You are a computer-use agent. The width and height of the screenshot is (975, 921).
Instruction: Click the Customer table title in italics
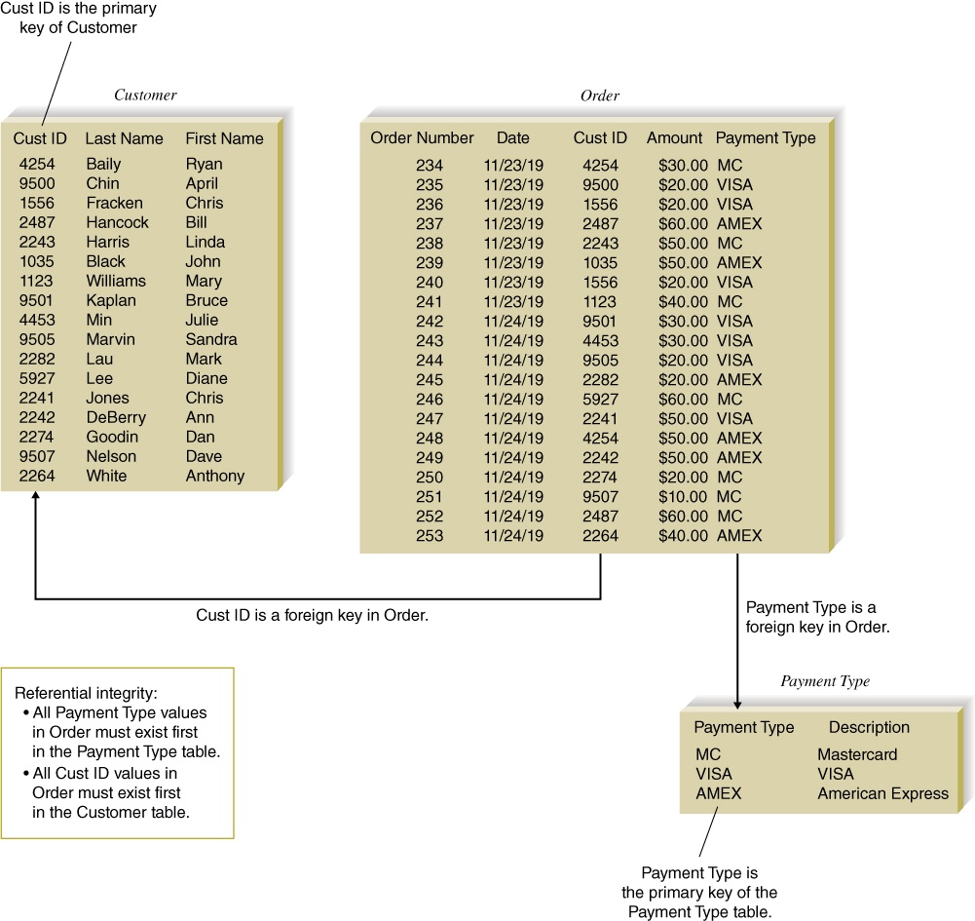click(145, 96)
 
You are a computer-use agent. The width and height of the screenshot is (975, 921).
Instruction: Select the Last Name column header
click(125, 138)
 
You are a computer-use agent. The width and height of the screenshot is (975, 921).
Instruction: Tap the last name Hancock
click(118, 222)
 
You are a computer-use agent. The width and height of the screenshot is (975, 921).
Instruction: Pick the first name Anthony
click(215, 476)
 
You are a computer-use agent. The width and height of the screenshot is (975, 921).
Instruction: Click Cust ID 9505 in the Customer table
click(37, 339)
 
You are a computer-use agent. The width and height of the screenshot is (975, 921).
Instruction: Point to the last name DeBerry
click(116, 417)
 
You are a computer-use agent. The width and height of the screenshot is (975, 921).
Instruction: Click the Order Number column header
click(422, 137)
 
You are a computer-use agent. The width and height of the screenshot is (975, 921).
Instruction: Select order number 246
click(430, 399)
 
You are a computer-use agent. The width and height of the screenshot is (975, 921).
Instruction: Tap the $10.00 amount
click(683, 497)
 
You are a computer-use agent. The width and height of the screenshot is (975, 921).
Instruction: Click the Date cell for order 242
click(513, 321)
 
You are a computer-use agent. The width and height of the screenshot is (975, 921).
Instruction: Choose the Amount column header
click(675, 137)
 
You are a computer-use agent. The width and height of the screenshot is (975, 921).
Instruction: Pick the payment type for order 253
click(739, 535)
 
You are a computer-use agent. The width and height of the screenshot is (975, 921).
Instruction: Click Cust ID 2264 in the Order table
click(601, 535)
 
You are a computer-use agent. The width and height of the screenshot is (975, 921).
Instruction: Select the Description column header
click(869, 727)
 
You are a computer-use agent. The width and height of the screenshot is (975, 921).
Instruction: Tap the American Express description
click(883, 793)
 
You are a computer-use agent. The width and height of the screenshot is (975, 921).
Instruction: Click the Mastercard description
click(857, 754)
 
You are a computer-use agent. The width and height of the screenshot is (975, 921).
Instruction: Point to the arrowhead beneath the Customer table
click(36, 495)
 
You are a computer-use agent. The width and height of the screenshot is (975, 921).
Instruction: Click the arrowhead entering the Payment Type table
click(737, 705)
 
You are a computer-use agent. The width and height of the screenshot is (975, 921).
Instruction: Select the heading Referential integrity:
click(86, 693)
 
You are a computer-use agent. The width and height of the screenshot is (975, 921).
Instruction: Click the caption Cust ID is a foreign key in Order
click(312, 615)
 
